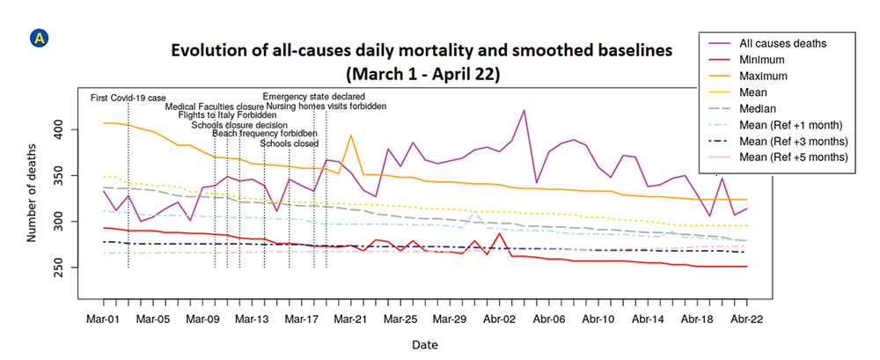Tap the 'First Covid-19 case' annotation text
128,98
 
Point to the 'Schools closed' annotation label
290,143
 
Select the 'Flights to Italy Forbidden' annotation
221,115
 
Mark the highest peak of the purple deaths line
524,111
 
